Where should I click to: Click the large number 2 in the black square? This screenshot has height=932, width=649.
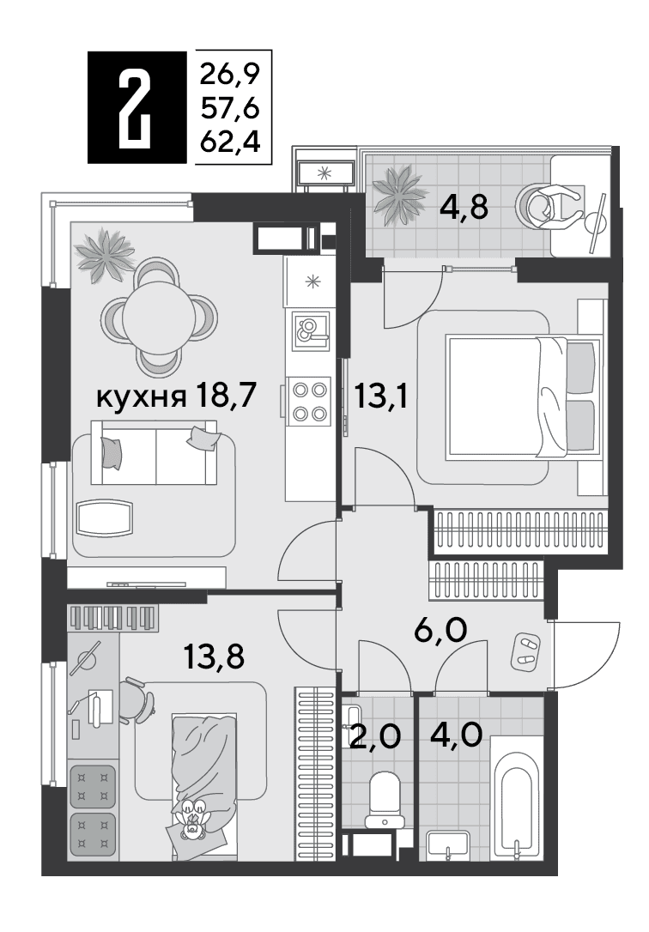click(136, 107)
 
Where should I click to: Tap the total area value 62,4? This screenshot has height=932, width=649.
click(231, 142)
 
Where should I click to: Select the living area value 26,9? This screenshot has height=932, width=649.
click(231, 75)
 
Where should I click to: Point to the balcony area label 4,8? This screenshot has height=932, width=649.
click(464, 208)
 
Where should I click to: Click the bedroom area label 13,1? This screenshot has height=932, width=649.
click(380, 396)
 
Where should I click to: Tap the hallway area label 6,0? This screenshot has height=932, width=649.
click(440, 630)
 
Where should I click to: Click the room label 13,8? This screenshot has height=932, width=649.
click(214, 657)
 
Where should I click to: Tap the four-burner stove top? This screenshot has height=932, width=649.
click(309, 402)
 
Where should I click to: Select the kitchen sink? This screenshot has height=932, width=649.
click(311, 329)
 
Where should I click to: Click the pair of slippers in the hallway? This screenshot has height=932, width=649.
click(526, 651)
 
